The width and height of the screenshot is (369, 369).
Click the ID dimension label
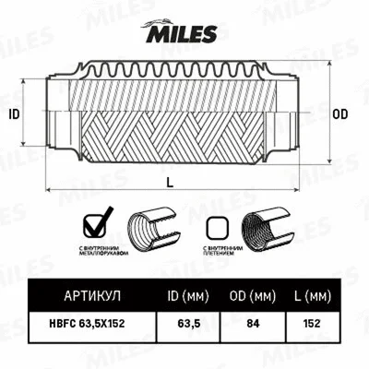pyautogui.click(x=13, y=114)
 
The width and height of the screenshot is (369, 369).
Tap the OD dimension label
pyautogui.click(x=339, y=114)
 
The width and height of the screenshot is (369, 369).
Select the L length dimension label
pyautogui.click(x=171, y=182)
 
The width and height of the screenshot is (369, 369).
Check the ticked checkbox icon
pyautogui.click(x=95, y=224)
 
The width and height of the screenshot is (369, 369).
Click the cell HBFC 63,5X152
pyautogui.click(x=92, y=325)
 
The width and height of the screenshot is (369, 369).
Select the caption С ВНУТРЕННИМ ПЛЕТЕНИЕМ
pyautogui.click(x=222, y=252)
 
